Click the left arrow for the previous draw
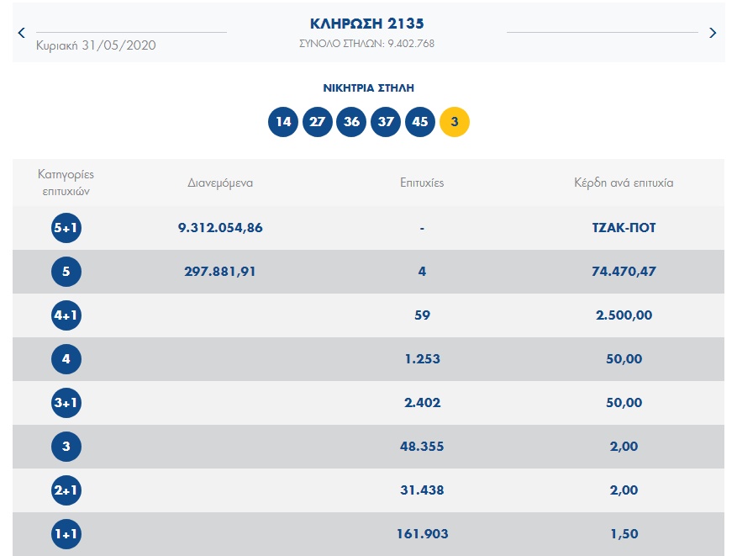[x=21, y=33]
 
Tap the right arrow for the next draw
[x=713, y=33]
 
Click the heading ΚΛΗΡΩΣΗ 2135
[x=366, y=24]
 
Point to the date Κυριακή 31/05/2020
[x=96, y=45]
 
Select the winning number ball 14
[x=283, y=122]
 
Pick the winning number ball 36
[x=351, y=122]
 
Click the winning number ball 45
[x=420, y=122]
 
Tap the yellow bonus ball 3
[x=455, y=122]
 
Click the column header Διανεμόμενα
[x=220, y=183]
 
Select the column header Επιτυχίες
[x=422, y=183]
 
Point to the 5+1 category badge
[x=66, y=228]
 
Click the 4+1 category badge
[x=66, y=315]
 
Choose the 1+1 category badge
[x=66, y=534]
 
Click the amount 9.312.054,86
[x=220, y=228]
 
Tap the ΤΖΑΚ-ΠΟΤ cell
[x=624, y=228]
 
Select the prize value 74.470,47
[x=624, y=272]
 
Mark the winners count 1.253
[x=422, y=359]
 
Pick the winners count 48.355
[x=422, y=447]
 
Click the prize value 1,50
[x=624, y=534]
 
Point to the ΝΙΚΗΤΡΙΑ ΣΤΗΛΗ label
[x=368, y=87]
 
